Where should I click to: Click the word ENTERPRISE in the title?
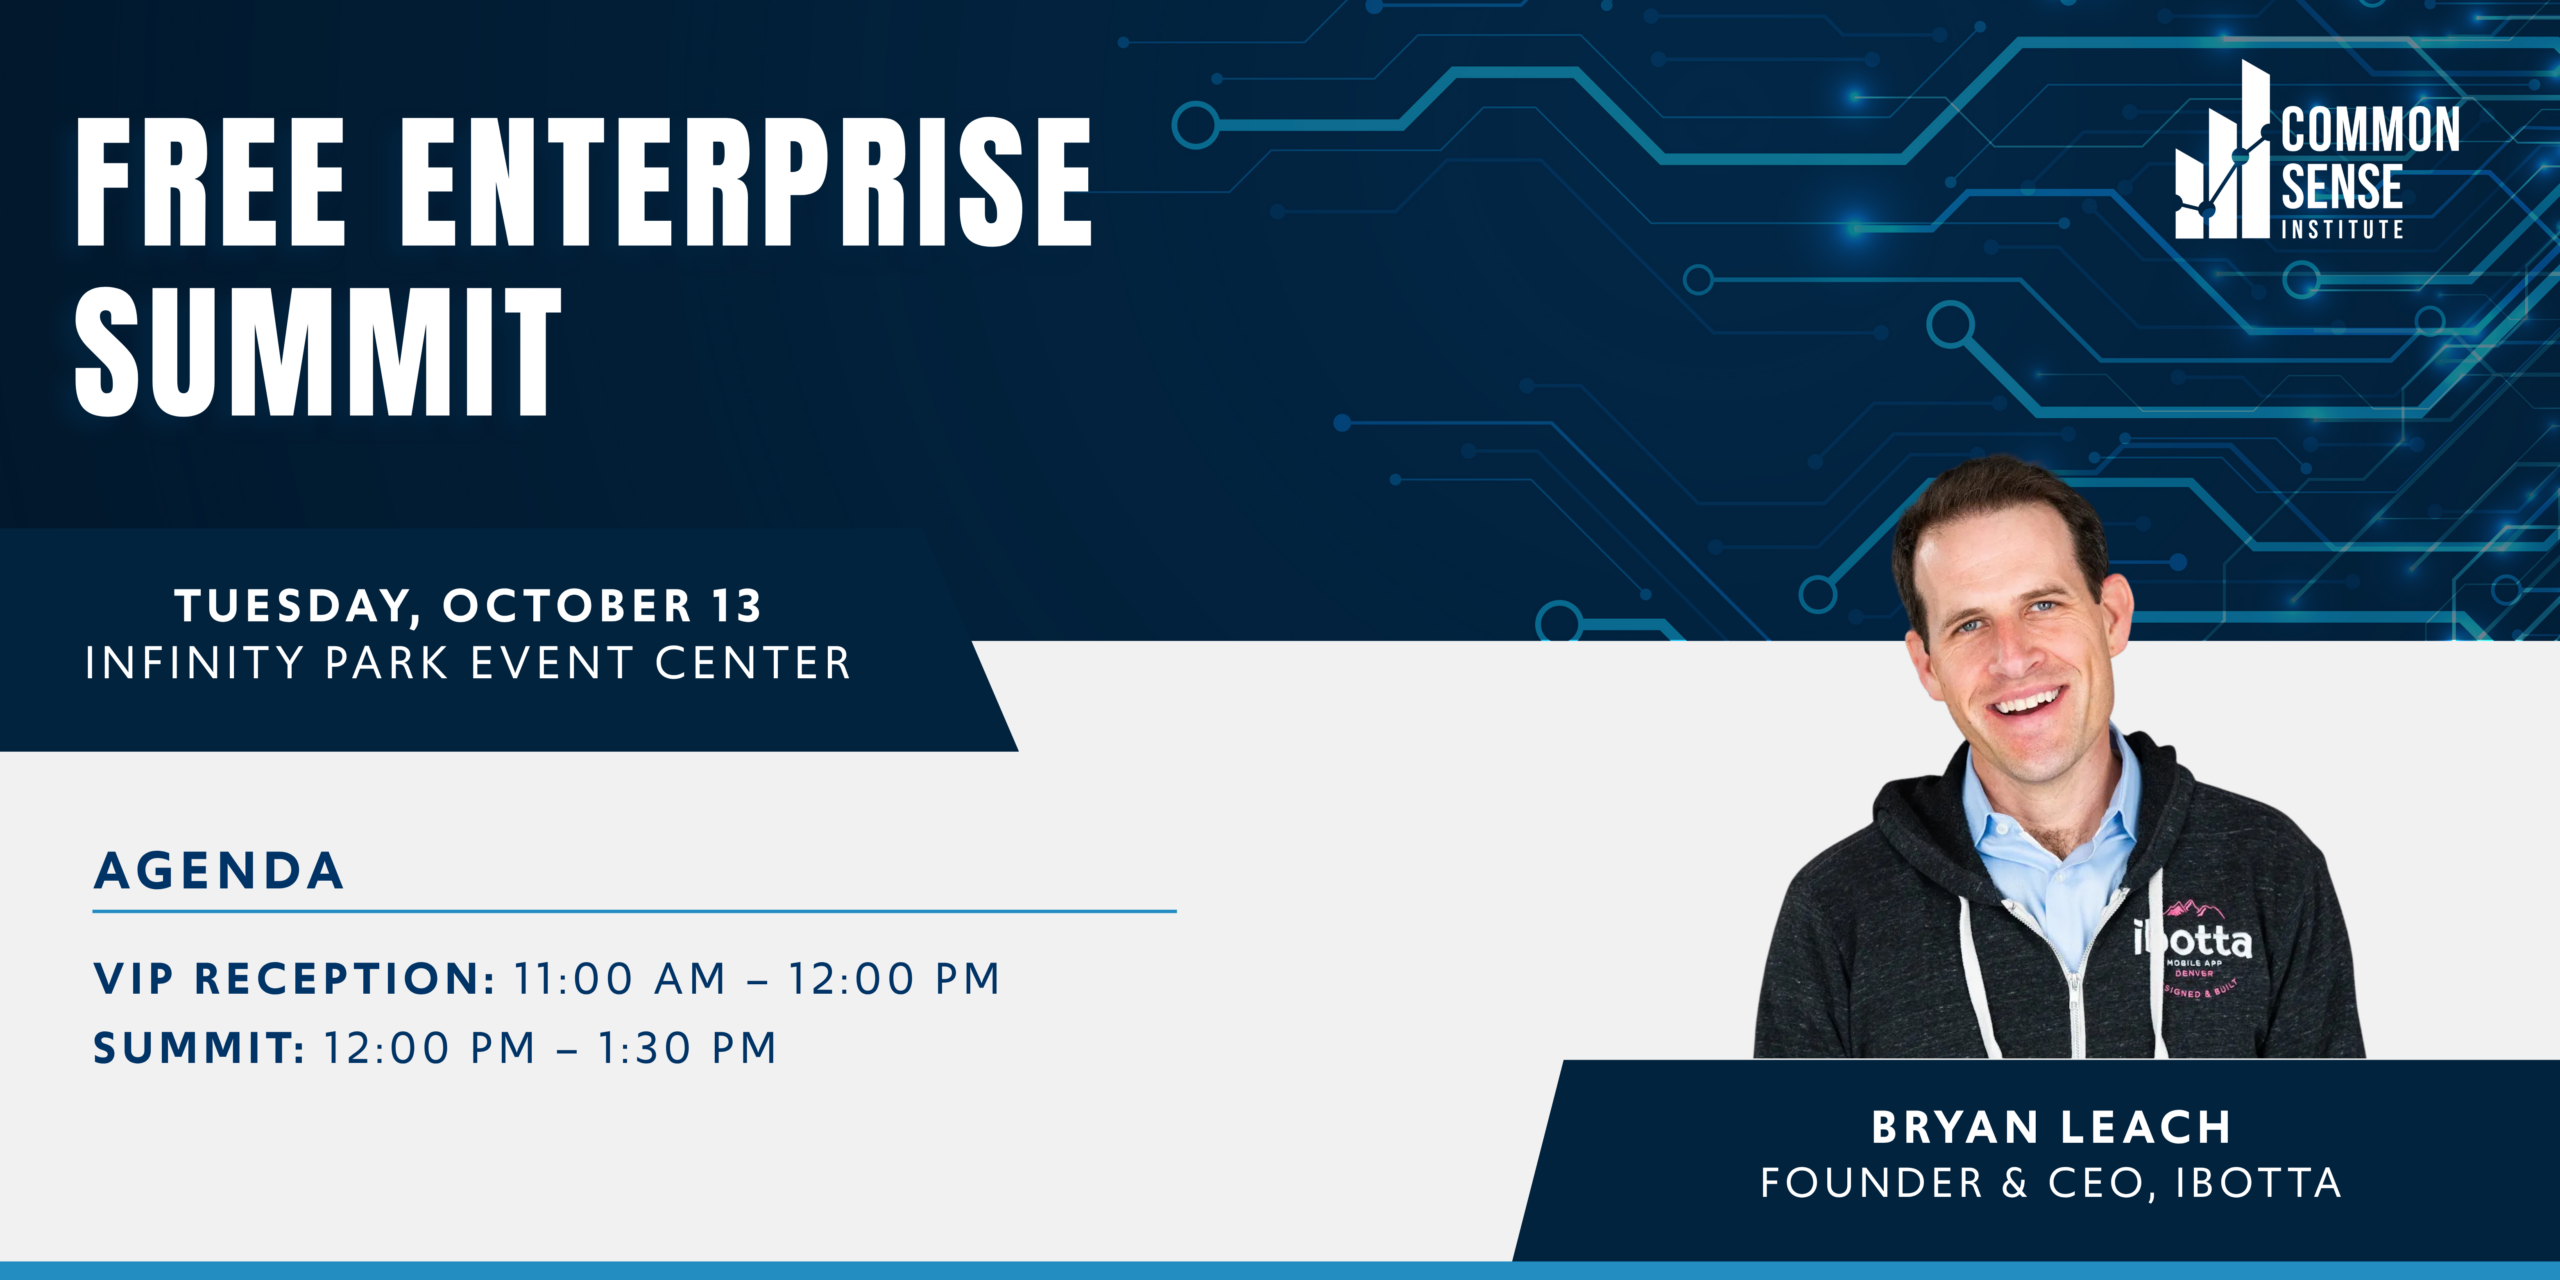point(746,181)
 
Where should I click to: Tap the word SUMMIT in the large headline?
point(318,351)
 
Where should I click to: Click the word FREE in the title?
point(211,181)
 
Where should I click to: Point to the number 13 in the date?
point(738,606)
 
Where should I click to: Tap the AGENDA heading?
point(219,870)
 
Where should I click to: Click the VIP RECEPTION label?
point(294,978)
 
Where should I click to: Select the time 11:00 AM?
point(620,978)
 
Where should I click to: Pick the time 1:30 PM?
point(688,1048)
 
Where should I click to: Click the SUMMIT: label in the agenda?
point(199,1048)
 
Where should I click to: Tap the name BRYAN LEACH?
point(2051,1127)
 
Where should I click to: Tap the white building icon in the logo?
point(2223,150)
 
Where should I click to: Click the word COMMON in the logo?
point(2370,130)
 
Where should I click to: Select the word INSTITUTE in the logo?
point(2342,229)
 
